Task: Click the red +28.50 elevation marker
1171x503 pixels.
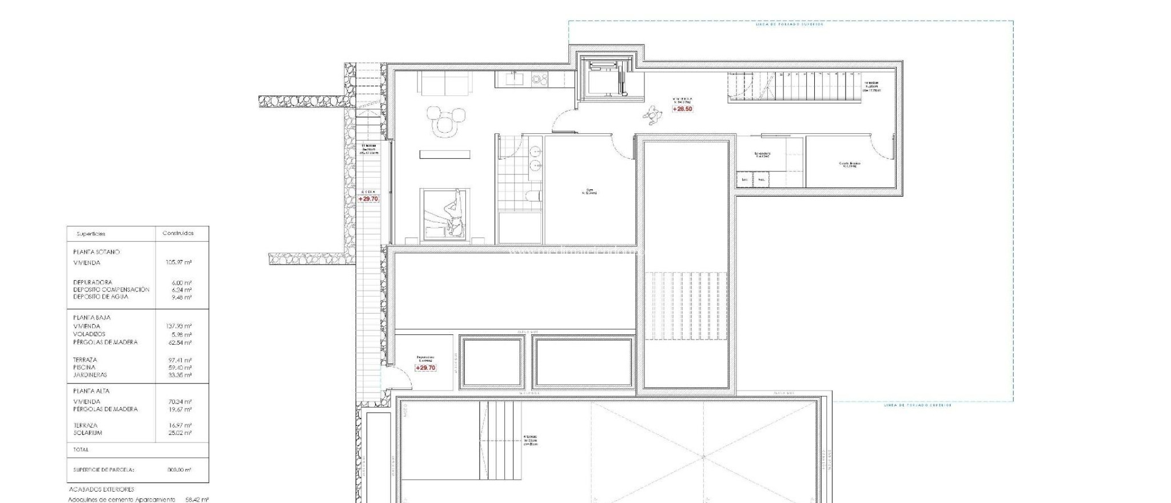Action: [x=682, y=109]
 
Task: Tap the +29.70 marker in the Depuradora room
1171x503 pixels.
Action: [x=425, y=368]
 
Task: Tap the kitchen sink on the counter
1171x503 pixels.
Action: [x=513, y=78]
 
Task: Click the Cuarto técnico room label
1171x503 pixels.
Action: [x=850, y=164]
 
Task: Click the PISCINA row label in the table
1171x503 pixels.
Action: [x=85, y=368]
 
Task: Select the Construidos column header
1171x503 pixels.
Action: [x=178, y=233]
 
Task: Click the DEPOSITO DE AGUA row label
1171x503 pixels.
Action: [x=101, y=297]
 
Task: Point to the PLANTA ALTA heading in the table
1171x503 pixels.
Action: [x=91, y=391]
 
